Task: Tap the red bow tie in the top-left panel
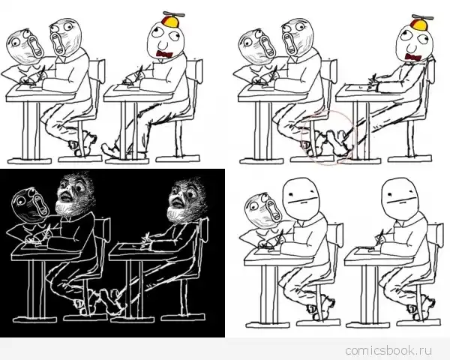[x=164, y=54]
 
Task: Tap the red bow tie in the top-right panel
[x=413, y=57]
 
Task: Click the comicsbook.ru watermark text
[x=388, y=350]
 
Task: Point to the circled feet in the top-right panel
[x=328, y=138]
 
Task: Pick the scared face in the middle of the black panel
[x=75, y=193]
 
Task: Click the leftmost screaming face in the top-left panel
[x=25, y=46]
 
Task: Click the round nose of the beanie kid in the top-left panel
[x=163, y=45]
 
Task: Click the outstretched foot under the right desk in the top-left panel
[x=110, y=150]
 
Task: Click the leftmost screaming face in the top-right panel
[x=256, y=46]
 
